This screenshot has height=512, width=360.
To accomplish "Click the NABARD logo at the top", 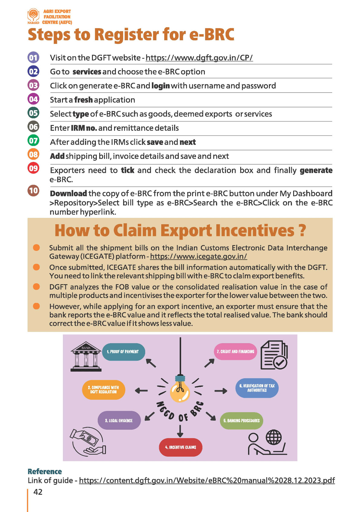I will (33, 16).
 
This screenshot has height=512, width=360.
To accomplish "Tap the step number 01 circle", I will (33, 57).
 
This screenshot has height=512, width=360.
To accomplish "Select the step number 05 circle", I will (33, 113).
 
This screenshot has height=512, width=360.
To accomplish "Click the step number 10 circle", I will (33, 191).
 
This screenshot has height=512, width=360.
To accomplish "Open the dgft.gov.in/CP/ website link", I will (199, 58).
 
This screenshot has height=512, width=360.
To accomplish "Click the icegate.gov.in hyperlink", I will (198, 256).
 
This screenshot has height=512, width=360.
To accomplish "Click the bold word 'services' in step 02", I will (87, 72).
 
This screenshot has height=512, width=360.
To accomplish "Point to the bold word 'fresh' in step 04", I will (83, 100).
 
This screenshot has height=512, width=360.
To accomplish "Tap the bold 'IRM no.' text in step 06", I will (84, 128).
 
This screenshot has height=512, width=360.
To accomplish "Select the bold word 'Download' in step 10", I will (68, 193).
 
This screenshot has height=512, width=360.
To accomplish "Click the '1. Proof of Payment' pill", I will (124, 352).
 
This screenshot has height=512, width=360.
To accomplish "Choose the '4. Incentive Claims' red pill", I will (181, 447).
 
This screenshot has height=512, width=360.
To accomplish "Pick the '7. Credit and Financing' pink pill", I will (235, 352).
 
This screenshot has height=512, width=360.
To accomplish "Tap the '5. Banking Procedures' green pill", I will (241, 421).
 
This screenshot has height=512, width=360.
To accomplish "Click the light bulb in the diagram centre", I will (180, 390).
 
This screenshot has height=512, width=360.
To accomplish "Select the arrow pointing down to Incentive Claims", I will (180, 431).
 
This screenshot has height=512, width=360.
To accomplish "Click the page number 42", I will (38, 492).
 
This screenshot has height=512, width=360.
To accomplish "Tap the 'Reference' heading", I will (44, 471).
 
